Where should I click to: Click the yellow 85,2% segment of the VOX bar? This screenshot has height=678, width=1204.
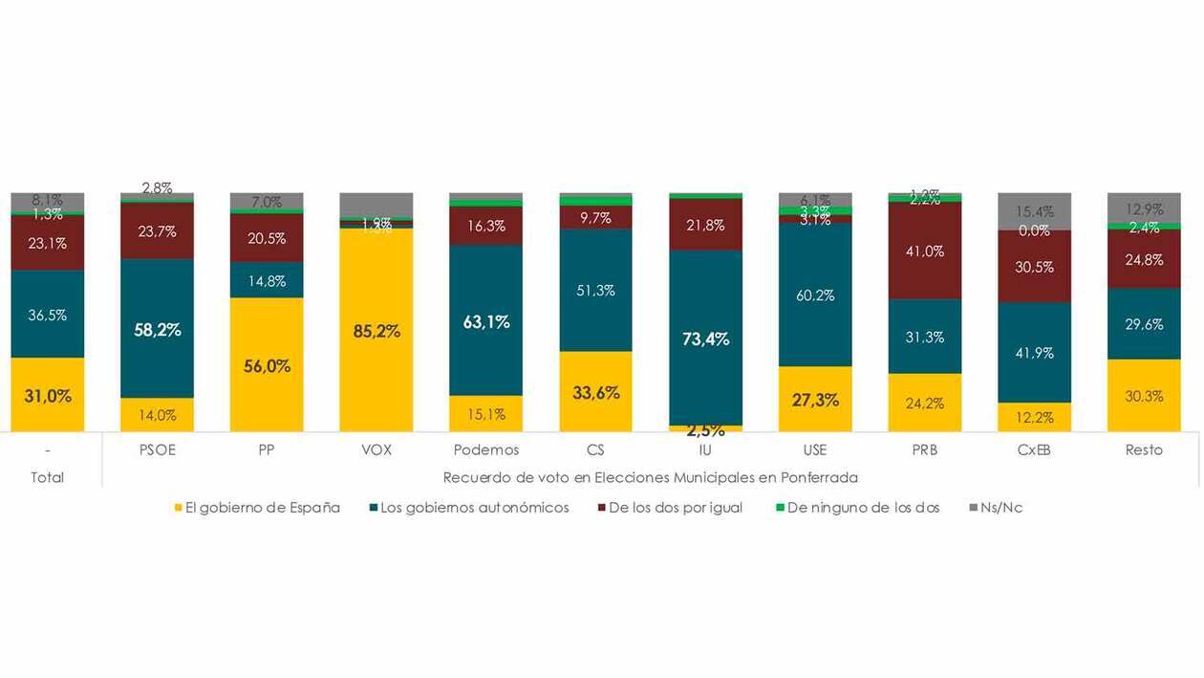click(x=376, y=330)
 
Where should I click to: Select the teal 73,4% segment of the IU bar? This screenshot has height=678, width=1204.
click(x=705, y=338)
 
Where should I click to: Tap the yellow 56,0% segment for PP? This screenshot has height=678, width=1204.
click(x=267, y=364)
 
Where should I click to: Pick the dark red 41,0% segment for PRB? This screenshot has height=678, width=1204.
click(x=924, y=251)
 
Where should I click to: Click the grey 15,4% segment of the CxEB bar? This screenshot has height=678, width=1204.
click(x=1034, y=211)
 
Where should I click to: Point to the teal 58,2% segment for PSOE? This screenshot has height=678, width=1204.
click(x=157, y=328)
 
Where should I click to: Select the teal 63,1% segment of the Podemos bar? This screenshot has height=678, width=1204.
click(x=486, y=320)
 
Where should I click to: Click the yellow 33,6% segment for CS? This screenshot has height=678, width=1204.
click(x=595, y=391)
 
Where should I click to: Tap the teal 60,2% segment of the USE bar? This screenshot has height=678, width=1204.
click(x=815, y=295)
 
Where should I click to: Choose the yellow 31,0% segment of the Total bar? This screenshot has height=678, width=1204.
click(x=48, y=394)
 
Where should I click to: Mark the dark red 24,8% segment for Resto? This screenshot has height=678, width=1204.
click(x=1144, y=259)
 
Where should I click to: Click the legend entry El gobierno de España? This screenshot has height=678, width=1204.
click(x=257, y=508)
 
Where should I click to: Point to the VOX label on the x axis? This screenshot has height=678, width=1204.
click(x=376, y=449)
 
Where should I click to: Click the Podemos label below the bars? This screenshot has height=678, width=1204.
click(x=486, y=449)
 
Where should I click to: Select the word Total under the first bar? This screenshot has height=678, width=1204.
click(x=48, y=477)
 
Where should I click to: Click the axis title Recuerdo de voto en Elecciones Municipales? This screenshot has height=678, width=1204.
click(x=650, y=477)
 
